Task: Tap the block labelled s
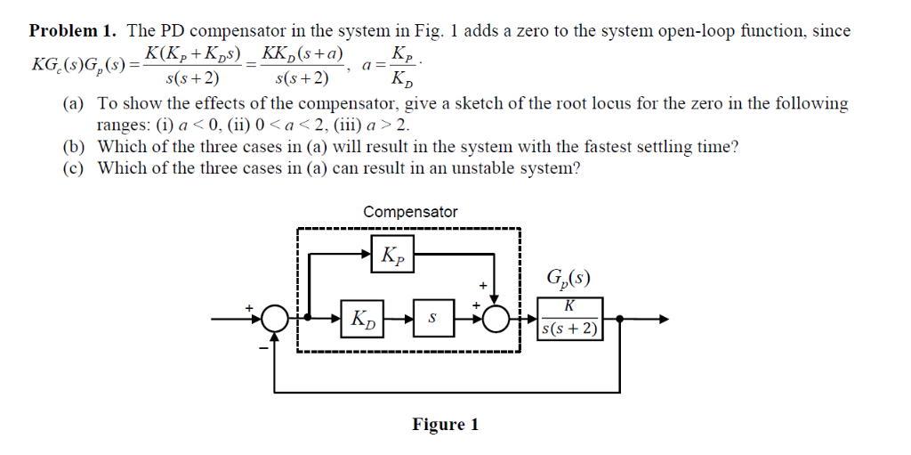coord(432,318)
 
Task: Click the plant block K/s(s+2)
coord(570,318)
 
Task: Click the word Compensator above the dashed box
coord(410,212)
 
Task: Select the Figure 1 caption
coord(445,424)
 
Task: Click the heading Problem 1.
coord(74,31)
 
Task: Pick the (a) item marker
coord(74,104)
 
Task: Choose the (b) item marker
coord(74,147)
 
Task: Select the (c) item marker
coord(74,167)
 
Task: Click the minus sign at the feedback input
coord(263,348)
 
